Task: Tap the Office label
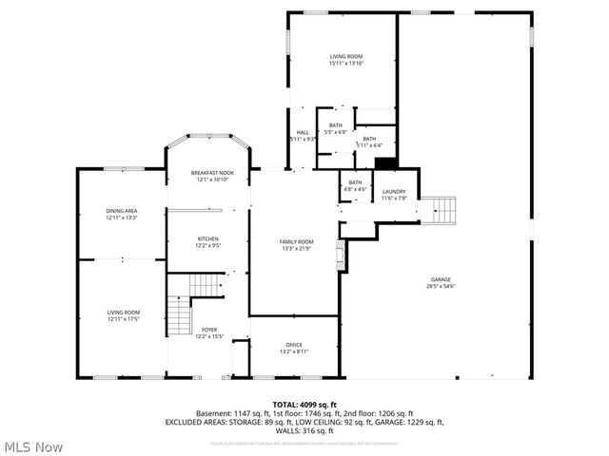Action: click(x=294, y=348)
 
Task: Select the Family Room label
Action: click(x=294, y=244)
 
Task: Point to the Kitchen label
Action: click(x=207, y=241)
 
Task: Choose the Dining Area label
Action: click(x=122, y=214)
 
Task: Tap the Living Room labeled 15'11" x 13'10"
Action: click(x=345, y=60)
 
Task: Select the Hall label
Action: click(x=303, y=135)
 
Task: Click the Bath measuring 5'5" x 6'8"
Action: click(x=336, y=128)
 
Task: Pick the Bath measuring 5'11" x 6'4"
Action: click(x=369, y=142)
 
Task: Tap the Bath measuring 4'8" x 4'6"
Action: click(x=355, y=185)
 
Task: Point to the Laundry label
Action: click(x=394, y=195)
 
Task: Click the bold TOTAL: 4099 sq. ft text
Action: click(x=304, y=405)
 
